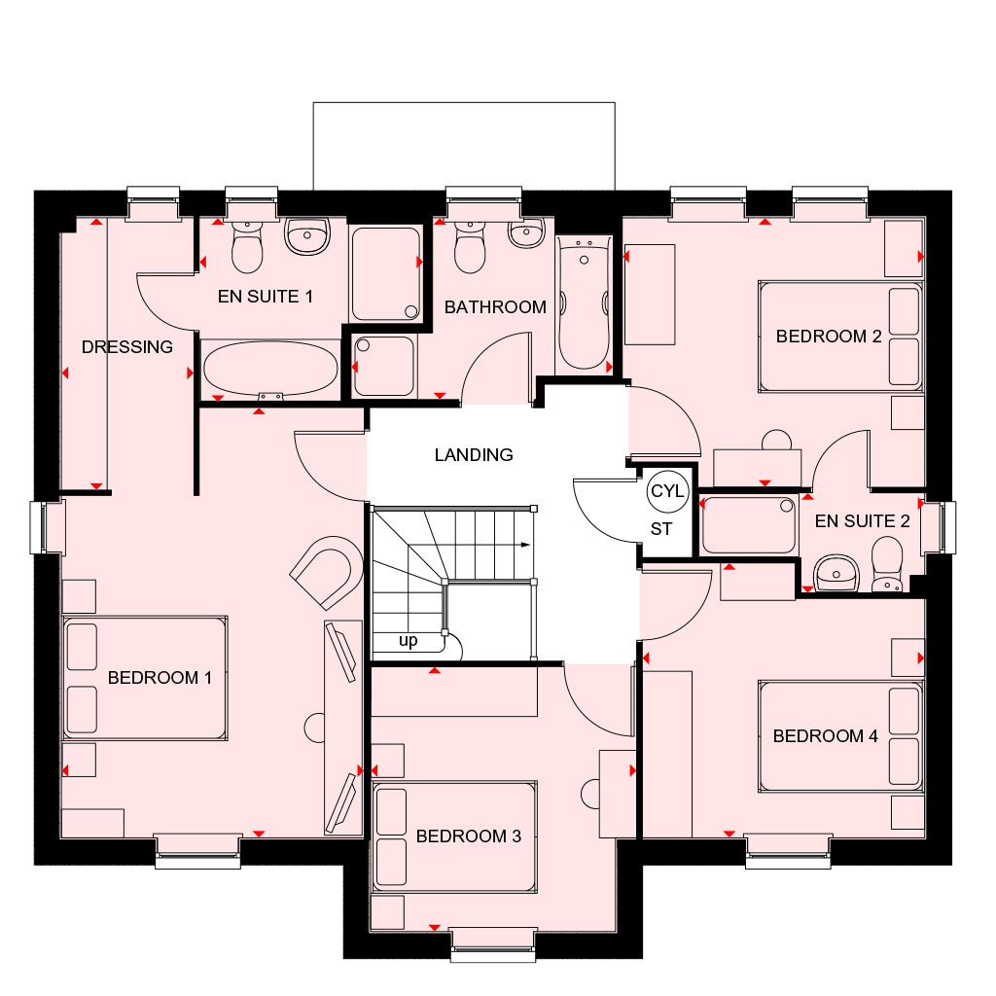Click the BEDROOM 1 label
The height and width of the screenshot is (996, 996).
click(160, 678)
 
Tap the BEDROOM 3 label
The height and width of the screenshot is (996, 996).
click(468, 836)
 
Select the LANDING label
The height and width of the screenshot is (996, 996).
click(474, 455)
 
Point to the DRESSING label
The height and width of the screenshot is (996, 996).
click(127, 347)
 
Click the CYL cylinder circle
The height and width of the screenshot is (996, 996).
click(667, 491)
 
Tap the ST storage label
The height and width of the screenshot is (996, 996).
click(661, 528)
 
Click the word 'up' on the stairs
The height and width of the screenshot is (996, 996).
click(408, 640)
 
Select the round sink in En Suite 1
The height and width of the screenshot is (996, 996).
click(307, 235)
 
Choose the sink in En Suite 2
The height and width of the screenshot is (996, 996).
click(836, 573)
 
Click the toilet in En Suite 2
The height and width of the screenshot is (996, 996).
click(887, 563)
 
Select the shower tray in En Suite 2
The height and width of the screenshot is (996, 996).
click(749, 524)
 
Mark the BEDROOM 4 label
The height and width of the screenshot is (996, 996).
click(825, 735)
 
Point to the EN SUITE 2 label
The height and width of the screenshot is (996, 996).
click(862, 521)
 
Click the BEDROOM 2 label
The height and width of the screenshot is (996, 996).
click(829, 336)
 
